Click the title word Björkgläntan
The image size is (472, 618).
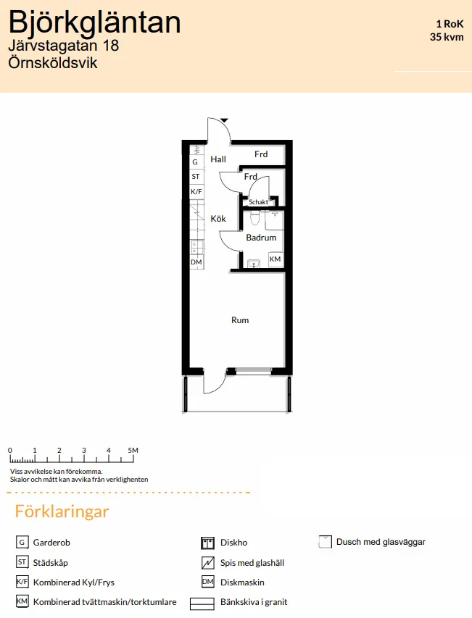[94, 23]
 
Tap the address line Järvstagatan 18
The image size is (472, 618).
[63, 46]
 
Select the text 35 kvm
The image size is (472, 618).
[446, 36]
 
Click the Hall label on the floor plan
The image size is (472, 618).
[218, 159]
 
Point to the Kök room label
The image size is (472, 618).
[218, 219]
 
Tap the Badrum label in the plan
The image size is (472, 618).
[261, 238]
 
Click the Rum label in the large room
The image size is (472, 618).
[240, 320]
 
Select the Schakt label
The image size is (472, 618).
[258, 202]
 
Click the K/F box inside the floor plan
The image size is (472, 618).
[196, 191]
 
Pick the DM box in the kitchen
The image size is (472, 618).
[196, 262]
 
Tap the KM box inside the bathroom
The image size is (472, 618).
[276, 259]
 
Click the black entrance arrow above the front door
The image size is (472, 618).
[225, 120]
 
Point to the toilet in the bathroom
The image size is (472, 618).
[254, 217]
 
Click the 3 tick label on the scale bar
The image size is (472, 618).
[84, 451]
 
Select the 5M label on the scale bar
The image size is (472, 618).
[133, 451]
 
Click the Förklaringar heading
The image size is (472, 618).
[62, 511]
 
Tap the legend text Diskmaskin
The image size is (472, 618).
[242, 582]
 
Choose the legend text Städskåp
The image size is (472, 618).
[51, 562]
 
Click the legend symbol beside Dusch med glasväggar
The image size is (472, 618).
[325, 542]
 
